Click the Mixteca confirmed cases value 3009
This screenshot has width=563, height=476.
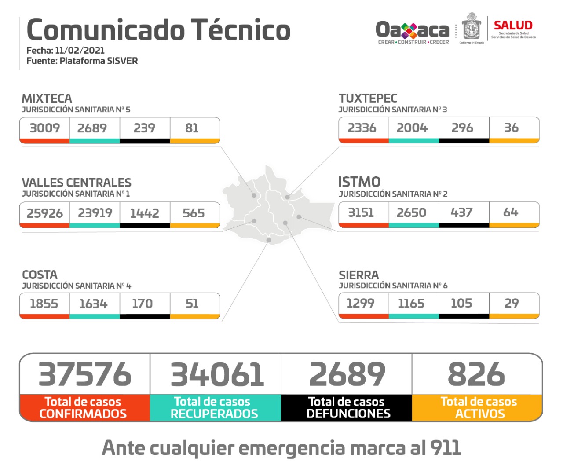(44, 128)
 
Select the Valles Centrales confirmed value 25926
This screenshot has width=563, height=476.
(44, 213)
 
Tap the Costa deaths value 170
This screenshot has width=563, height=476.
(142, 304)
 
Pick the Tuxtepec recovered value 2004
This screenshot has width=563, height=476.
(412, 128)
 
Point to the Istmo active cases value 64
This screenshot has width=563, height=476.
(511, 212)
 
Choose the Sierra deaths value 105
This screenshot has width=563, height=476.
(461, 303)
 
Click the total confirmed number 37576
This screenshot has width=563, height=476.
(84, 374)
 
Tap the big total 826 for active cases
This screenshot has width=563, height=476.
(476, 374)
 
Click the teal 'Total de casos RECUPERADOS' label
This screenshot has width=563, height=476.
(214, 408)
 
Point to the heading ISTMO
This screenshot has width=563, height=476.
(359, 182)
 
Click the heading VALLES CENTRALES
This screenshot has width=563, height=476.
(77, 183)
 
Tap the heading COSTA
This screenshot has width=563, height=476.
(40, 275)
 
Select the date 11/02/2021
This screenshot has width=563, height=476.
(80, 51)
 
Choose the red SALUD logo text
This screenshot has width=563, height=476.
(513, 26)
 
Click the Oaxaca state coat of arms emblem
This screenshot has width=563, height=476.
(472, 27)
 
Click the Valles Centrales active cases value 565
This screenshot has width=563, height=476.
(194, 213)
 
